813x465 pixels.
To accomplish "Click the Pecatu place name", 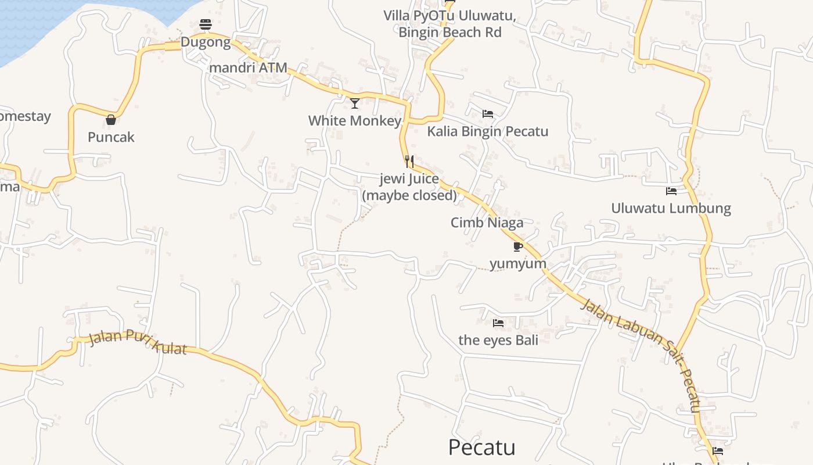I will [x=481, y=448].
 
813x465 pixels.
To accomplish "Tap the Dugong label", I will [x=205, y=42].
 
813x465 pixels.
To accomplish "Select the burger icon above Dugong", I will [x=205, y=24].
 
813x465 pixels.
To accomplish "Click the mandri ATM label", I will [x=248, y=68].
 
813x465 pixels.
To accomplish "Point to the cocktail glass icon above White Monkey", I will [x=355, y=103].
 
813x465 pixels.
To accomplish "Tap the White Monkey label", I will [x=355, y=121].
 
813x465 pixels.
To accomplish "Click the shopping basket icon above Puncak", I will [x=111, y=120].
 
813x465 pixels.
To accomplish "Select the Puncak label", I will [x=111, y=137].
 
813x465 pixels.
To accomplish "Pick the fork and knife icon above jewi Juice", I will [x=409, y=161].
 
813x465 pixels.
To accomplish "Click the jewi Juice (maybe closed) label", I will [x=409, y=187].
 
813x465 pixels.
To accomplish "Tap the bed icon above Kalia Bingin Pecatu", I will [x=488, y=114].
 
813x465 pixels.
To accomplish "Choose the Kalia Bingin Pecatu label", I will [x=488, y=131].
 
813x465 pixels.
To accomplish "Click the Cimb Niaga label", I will [x=487, y=223].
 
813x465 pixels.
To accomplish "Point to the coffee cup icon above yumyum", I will [x=518, y=246].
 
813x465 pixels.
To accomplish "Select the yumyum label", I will [x=518, y=264].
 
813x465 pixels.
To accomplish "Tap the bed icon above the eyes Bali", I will [x=498, y=323].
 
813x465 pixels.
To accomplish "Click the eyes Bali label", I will [x=498, y=340].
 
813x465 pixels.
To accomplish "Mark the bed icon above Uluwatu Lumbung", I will [x=671, y=191].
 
